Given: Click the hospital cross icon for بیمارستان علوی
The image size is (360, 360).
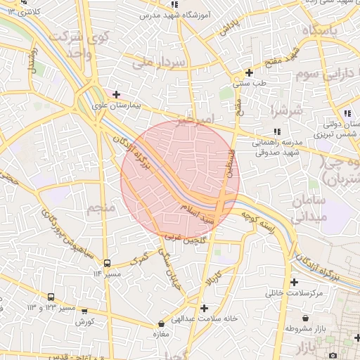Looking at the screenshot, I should click(x=117, y=94).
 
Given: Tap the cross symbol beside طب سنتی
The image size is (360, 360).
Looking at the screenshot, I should click(x=249, y=72).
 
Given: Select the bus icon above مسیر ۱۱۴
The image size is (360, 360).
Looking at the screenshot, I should click(x=107, y=264).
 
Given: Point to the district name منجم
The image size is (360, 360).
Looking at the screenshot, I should click(x=100, y=207).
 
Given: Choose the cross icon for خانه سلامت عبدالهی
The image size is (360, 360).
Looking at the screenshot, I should click(x=204, y=308).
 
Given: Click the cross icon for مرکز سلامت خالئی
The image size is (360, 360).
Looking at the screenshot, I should click(x=293, y=282).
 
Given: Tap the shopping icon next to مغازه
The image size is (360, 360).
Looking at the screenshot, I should click(x=162, y=324).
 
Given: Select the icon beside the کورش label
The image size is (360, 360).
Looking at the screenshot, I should click(x=84, y=311).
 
